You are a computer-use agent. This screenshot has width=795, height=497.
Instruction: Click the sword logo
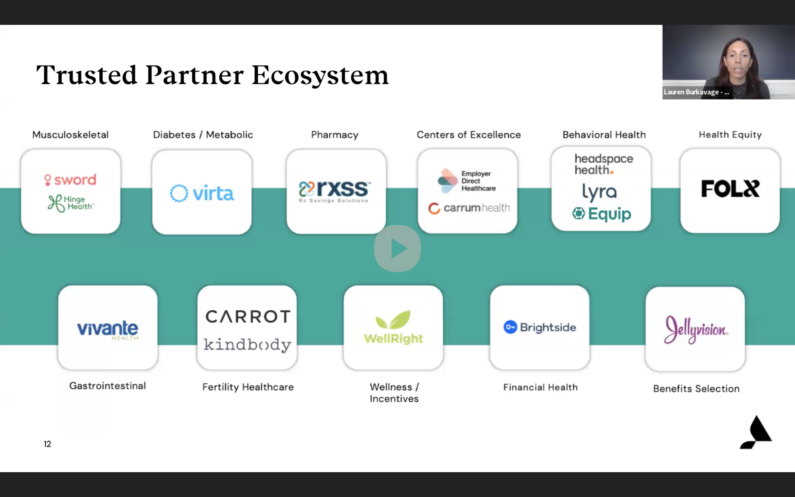[x=70, y=180]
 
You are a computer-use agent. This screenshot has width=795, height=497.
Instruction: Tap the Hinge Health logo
[x=71, y=203]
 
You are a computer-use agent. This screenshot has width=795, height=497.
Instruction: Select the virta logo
[x=202, y=193]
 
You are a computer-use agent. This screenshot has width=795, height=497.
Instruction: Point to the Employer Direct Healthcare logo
[x=467, y=181]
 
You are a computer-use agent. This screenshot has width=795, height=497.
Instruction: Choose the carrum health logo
[x=469, y=208]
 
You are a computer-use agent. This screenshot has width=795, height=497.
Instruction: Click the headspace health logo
[x=603, y=164]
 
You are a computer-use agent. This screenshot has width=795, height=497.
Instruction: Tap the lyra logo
[x=600, y=192]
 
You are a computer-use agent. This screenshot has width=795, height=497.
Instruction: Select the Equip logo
[x=601, y=214]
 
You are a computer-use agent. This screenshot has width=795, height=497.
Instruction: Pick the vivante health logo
[x=108, y=329]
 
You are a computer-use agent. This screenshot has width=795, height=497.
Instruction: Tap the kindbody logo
[x=247, y=345]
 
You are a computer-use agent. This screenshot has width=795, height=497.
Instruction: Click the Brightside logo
[x=540, y=327]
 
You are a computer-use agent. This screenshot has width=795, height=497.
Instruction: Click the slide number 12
[x=47, y=444]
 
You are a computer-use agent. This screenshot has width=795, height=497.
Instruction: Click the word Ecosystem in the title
[x=320, y=75]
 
